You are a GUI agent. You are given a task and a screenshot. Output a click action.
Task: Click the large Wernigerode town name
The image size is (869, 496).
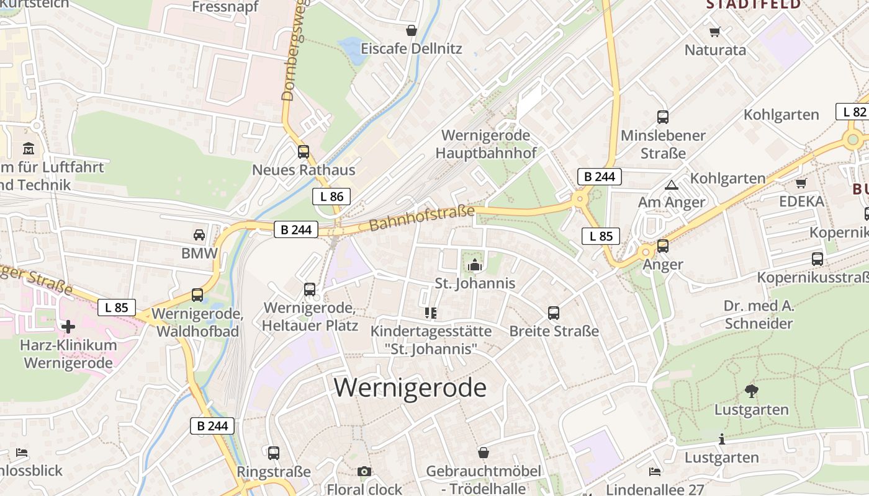(x=410, y=387)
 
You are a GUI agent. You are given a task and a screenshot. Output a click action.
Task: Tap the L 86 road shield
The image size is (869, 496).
(x=331, y=197)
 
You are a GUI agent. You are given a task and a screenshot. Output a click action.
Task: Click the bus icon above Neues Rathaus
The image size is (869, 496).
(x=304, y=151)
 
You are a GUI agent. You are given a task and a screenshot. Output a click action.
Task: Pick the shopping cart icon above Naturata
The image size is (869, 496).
(x=714, y=32)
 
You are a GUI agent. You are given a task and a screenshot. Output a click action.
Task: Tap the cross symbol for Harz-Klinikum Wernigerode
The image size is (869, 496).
(x=68, y=326)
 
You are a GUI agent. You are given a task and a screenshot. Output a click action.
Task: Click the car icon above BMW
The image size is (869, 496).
(x=199, y=234)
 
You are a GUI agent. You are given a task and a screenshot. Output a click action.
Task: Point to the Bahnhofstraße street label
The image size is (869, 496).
(x=421, y=219)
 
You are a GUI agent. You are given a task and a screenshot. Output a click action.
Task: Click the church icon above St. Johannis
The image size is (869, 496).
(x=475, y=265)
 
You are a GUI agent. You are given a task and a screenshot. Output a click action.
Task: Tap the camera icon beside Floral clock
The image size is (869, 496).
(x=364, y=472)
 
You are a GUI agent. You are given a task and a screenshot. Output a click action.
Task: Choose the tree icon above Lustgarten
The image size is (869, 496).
(x=751, y=391)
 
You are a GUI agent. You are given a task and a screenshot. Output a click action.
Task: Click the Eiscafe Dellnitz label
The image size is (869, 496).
(x=412, y=48)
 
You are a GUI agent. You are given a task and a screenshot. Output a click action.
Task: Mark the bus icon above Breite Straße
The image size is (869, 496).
(x=554, y=313)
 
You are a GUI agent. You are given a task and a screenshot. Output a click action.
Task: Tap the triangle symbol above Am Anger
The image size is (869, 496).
(x=672, y=185)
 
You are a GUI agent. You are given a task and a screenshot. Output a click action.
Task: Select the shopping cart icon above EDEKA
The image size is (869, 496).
(x=801, y=183)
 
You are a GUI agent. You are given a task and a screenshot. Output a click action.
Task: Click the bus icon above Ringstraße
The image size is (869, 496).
(x=274, y=453)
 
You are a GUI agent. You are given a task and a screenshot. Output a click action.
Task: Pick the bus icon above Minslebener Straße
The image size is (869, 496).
(x=663, y=117)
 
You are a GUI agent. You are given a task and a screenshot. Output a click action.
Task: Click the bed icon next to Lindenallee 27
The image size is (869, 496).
(x=655, y=472)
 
